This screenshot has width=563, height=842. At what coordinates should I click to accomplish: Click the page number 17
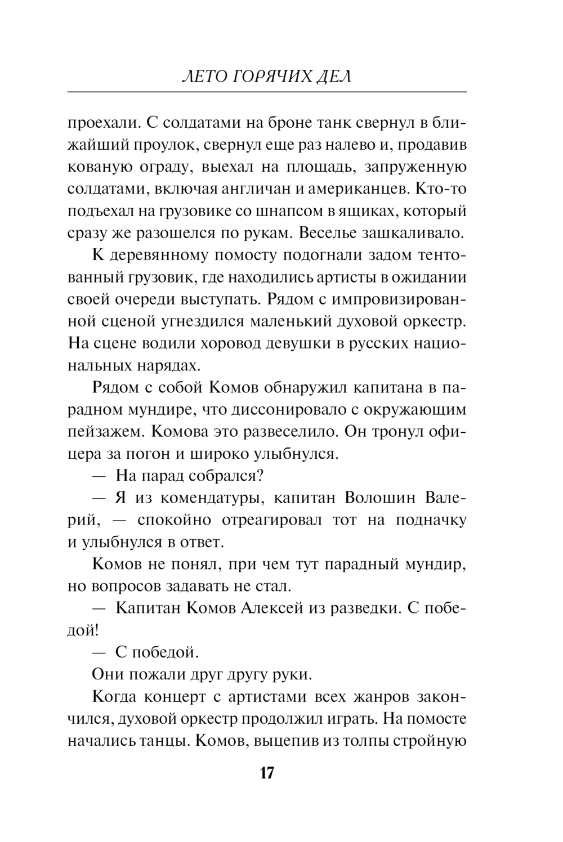(267, 773)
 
